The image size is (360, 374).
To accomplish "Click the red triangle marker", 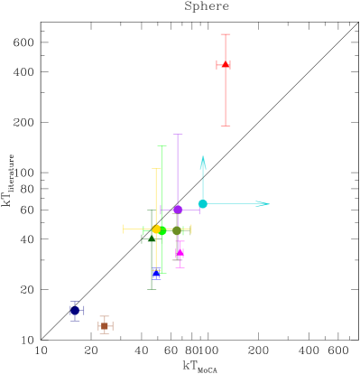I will [225, 65].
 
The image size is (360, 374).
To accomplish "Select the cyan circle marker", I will [203, 204].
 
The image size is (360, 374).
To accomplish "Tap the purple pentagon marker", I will [178, 210].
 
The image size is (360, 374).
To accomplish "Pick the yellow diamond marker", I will [156, 229].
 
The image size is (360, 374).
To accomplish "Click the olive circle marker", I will [177, 230].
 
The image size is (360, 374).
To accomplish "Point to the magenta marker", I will [180, 253].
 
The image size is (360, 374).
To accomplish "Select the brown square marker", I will [105, 325].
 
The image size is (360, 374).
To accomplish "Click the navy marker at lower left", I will [75, 311].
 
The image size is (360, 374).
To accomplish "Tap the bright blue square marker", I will [156, 271].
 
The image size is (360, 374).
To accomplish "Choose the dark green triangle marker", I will [151, 239].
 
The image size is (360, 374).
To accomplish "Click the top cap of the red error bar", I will [226, 35].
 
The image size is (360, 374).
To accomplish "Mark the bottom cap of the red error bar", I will [226, 126].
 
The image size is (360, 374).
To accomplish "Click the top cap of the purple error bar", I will [178, 135].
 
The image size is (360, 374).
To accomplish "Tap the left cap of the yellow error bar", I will [124, 229].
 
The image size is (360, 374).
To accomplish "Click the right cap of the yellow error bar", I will [191, 229].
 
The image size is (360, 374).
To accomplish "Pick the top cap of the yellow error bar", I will [156, 169].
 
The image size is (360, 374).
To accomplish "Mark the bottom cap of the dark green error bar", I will [152, 289].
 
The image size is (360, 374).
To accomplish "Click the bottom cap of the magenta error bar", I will [180, 267].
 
